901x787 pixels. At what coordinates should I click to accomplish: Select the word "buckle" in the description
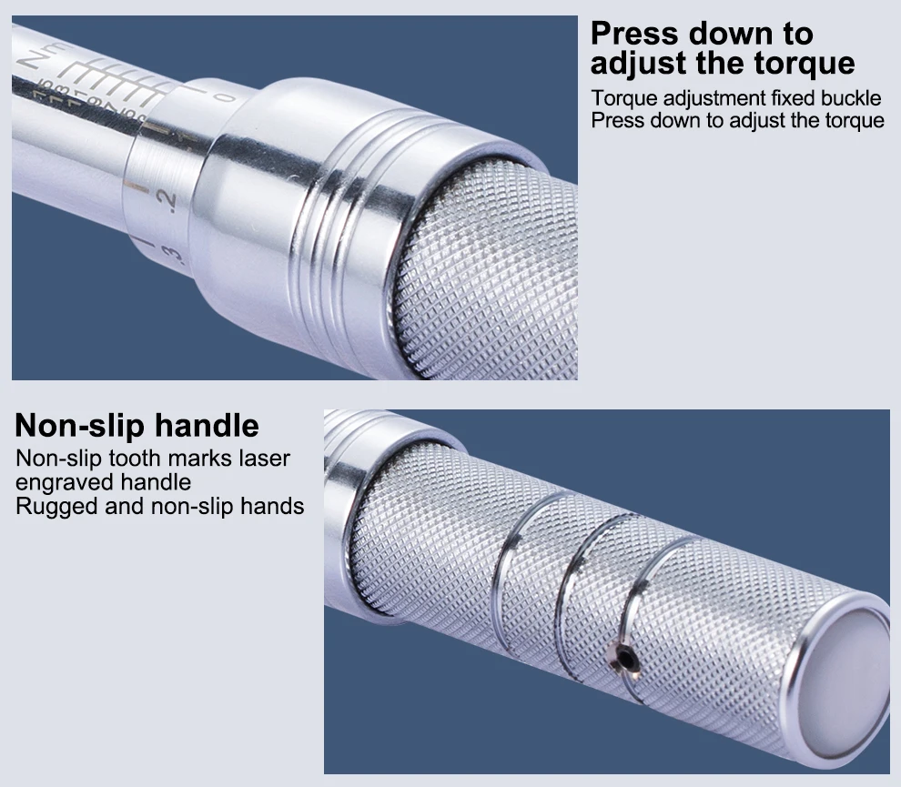click(x=848, y=97)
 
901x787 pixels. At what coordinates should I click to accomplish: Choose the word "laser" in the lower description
click(x=267, y=458)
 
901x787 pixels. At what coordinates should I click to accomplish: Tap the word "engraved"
click(x=59, y=481)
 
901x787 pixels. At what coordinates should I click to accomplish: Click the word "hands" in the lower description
click(x=273, y=506)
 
